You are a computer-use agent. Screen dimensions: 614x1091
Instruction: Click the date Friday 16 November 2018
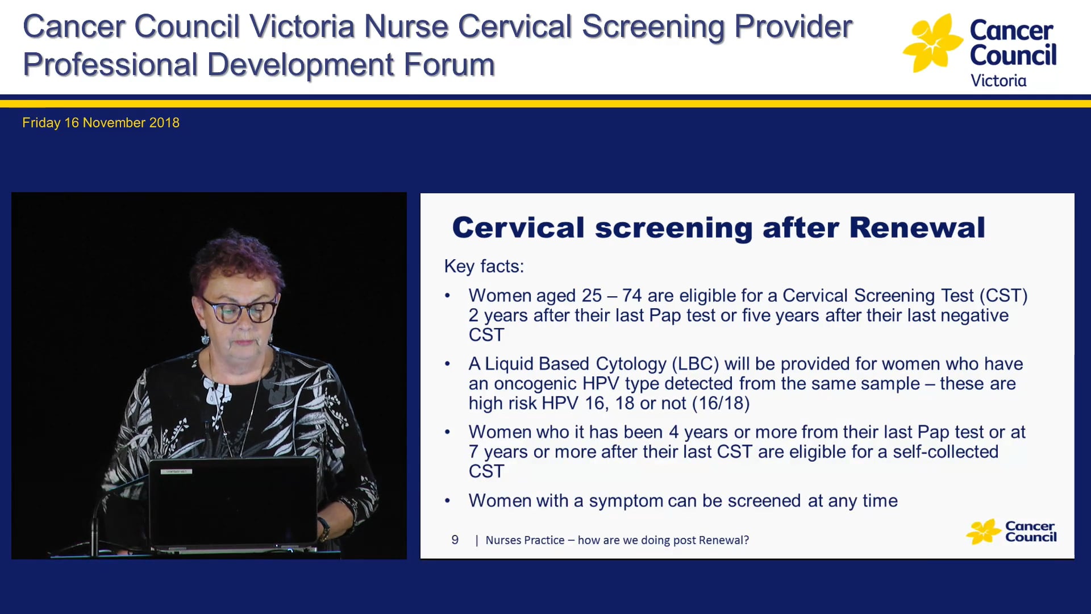point(101,123)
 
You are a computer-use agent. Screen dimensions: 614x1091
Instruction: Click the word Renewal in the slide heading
point(917,228)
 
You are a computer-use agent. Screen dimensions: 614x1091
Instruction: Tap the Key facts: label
point(484,266)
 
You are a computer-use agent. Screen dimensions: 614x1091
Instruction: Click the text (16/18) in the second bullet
point(721,403)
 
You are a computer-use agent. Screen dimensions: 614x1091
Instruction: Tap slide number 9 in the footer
point(455,540)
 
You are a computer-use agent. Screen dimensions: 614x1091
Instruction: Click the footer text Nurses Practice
point(524,540)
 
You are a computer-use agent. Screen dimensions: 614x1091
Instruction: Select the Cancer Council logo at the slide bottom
point(1011,532)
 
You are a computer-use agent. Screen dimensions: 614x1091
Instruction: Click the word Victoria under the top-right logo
point(998,81)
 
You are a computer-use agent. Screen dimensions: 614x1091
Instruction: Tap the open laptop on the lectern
point(233,503)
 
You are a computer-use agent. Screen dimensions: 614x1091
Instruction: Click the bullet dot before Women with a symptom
point(448,501)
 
